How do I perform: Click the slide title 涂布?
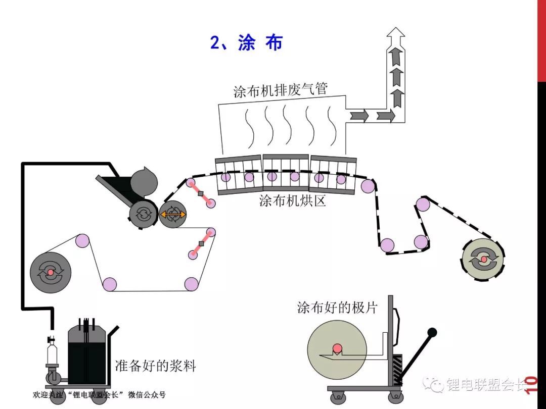click(247, 43)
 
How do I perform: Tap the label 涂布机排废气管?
click(281, 90)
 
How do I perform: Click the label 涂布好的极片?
click(337, 308)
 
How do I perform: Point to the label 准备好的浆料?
click(155, 365)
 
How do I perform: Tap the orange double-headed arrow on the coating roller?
click(173, 215)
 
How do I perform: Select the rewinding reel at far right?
click(483, 259)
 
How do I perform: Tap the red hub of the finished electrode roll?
click(337, 348)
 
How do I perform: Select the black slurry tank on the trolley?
click(86, 353)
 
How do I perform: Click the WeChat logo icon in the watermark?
click(433, 385)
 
